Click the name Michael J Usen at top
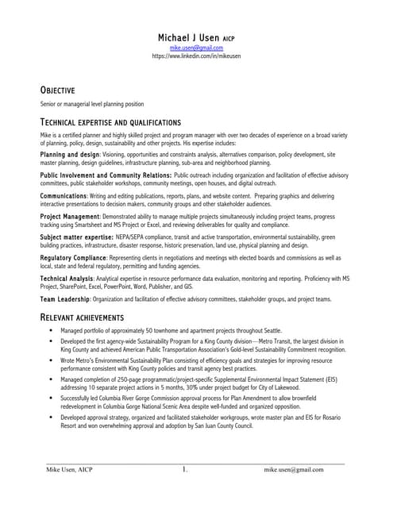[187, 37]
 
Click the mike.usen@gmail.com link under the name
[196, 48]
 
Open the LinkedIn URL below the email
[196, 57]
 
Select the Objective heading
[57, 90]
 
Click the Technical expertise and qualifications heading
[110, 122]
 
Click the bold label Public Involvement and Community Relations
[106, 174]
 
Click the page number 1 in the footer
[184, 470]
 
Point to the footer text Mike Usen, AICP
[69, 470]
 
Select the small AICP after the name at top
[227, 38]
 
